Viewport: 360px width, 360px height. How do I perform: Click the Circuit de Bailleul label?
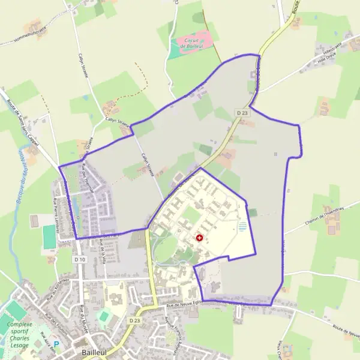point(191,41)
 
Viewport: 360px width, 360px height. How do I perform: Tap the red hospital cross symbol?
point(199,238)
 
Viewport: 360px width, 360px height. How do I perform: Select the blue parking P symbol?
point(58,346)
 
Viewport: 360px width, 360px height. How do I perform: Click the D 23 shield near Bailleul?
point(134,321)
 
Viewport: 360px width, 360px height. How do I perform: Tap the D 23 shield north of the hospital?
point(242,112)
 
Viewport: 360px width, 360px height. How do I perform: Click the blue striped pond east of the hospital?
point(242,227)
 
